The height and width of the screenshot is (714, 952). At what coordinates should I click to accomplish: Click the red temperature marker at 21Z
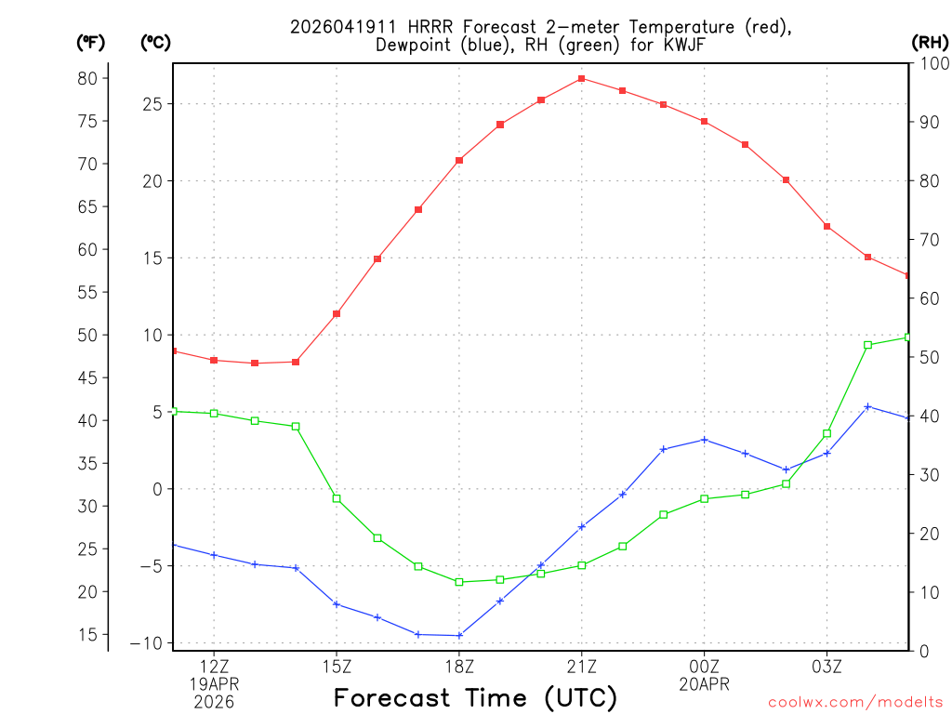(x=581, y=79)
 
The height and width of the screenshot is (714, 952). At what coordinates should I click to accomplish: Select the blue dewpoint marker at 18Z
(x=459, y=636)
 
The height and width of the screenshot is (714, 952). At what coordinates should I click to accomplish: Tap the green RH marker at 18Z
(x=459, y=582)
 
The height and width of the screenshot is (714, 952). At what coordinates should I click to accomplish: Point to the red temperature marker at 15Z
(x=337, y=313)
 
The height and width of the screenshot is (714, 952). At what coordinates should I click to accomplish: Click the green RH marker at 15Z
(x=337, y=498)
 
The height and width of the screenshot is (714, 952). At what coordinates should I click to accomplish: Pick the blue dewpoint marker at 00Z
(x=704, y=440)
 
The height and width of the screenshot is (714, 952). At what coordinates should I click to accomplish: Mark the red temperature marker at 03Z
(x=826, y=227)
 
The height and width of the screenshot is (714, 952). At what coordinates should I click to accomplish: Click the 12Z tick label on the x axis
(x=215, y=666)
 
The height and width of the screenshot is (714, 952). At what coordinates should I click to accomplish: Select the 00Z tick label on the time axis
(x=704, y=666)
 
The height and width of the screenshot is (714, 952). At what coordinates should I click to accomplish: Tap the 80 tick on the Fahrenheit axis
(x=87, y=78)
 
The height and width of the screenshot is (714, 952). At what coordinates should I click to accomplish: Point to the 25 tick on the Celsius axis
(x=152, y=104)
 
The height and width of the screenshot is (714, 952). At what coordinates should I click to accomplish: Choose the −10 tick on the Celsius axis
(x=147, y=643)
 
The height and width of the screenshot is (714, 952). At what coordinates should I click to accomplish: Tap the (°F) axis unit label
(x=91, y=42)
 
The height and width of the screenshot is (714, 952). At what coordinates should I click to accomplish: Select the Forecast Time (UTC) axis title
(x=475, y=697)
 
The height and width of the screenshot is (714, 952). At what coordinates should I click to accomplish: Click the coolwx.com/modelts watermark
(x=855, y=702)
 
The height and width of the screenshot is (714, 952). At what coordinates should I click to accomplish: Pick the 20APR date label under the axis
(x=704, y=684)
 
